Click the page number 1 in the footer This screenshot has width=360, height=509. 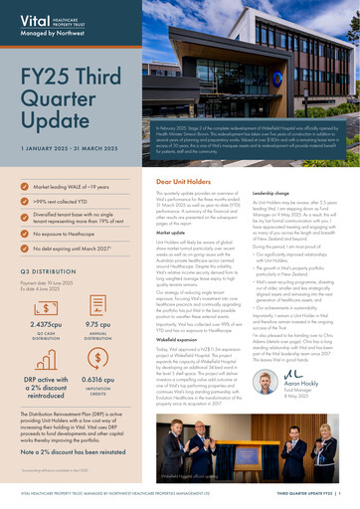click(x=339, y=491)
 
